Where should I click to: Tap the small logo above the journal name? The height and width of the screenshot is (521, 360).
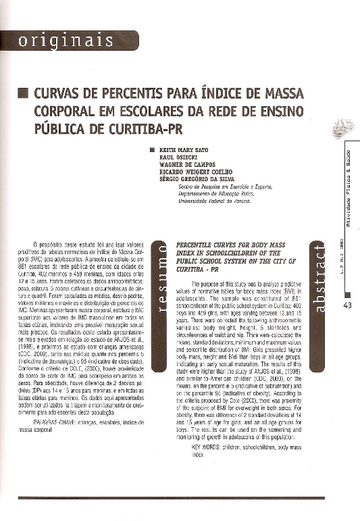[x=344, y=126]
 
